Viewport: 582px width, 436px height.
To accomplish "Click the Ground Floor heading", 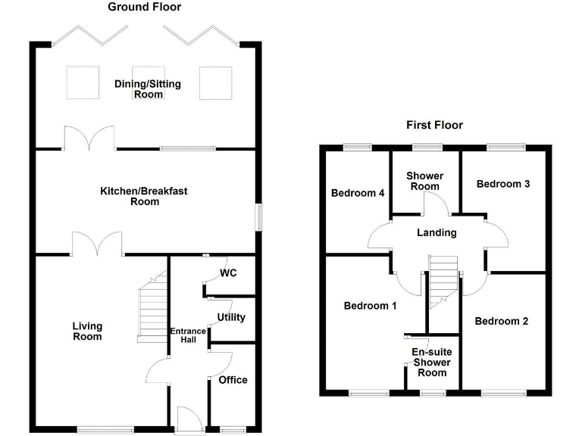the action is (145, 7).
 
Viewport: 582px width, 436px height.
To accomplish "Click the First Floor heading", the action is (435, 125).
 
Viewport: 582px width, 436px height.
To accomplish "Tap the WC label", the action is (228, 273).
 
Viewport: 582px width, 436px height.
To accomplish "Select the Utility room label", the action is (231, 317).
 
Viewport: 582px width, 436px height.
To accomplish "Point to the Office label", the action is (233, 380).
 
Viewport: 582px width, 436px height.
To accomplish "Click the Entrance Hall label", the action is (188, 335).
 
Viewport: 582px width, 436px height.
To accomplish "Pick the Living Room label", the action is (87, 331).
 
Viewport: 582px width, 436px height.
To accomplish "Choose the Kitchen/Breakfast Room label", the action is (144, 196).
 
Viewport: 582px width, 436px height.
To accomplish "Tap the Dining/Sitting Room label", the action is (148, 89).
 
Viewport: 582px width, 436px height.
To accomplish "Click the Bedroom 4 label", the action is (358, 193).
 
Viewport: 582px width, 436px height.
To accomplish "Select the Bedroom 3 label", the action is (503, 184).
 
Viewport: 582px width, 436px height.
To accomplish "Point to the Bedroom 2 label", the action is (502, 321).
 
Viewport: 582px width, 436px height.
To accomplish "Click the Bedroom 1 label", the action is (370, 306).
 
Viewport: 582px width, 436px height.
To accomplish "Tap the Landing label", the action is (436, 232).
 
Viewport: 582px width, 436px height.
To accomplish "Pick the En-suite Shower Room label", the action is (432, 363).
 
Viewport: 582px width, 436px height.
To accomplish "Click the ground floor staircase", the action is (152, 307).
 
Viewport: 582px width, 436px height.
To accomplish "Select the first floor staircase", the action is (443, 282).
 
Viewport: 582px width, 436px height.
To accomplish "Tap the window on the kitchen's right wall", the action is (259, 218).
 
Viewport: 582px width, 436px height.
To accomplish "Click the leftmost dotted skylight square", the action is (83, 83).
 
